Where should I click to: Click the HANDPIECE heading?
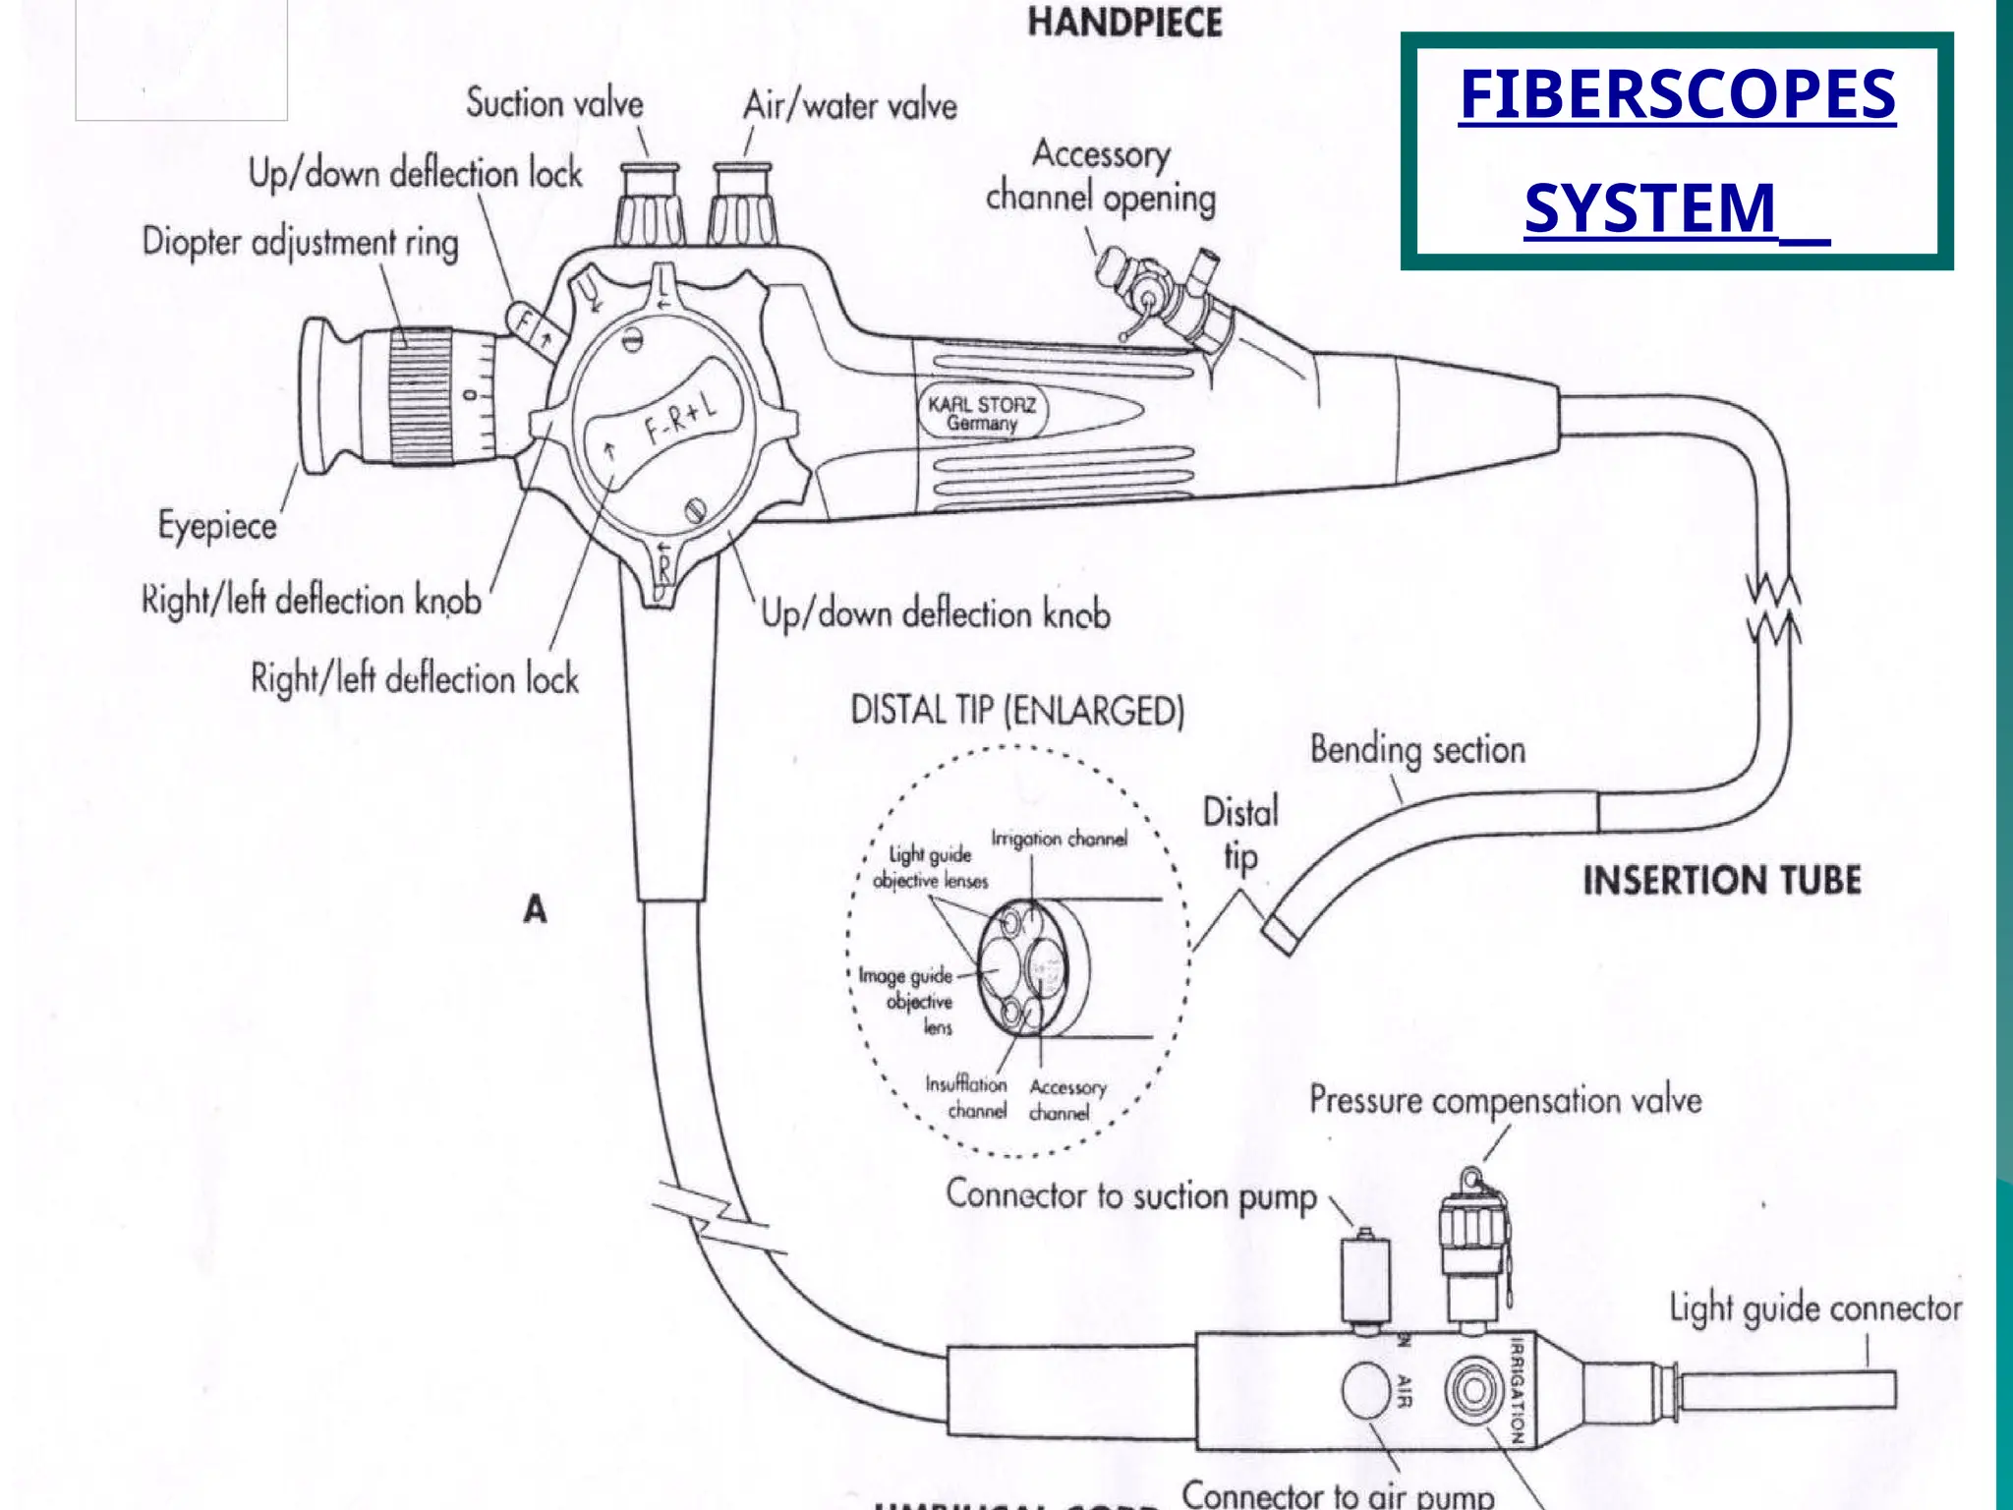pyautogui.click(x=1124, y=23)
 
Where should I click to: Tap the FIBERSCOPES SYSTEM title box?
pyautogui.click(x=1677, y=150)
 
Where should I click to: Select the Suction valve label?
pyautogui.click(x=554, y=103)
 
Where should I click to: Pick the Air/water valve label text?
pyautogui.click(x=849, y=105)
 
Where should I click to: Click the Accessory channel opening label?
pyautogui.click(x=1101, y=177)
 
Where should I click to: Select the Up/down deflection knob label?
pyautogui.click(x=936, y=614)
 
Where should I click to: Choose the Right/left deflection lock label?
pyautogui.click(x=414, y=679)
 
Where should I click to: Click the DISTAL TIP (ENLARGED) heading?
pyautogui.click(x=1017, y=710)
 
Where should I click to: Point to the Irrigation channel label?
pyautogui.click(x=1059, y=839)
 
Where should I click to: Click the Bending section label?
pyautogui.click(x=1417, y=750)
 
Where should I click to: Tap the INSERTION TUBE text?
pyautogui.click(x=1721, y=880)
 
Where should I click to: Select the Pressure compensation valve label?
pyautogui.click(x=1505, y=1100)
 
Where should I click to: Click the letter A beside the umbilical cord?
pyautogui.click(x=535, y=909)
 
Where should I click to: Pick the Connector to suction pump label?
pyautogui.click(x=1130, y=1196)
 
